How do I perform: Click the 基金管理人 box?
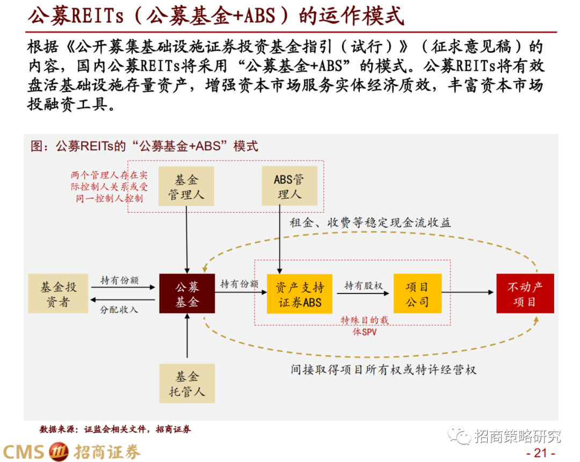click(186, 186)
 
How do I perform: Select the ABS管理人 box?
click(289, 186)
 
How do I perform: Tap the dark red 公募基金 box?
click(187, 294)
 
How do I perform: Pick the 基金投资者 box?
click(58, 294)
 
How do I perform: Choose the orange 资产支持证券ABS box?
click(300, 294)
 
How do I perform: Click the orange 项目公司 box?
click(417, 294)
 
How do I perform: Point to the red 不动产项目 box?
click(525, 294)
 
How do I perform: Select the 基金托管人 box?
click(187, 383)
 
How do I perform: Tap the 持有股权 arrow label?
click(364, 285)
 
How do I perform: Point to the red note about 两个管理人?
click(108, 187)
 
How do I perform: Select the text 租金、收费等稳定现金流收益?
click(371, 223)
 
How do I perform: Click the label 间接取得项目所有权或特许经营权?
click(383, 370)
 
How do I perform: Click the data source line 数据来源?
click(115, 429)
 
